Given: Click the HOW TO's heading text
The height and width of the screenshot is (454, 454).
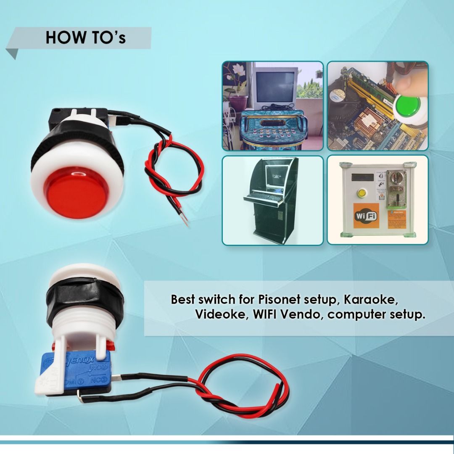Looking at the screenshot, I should (85, 38).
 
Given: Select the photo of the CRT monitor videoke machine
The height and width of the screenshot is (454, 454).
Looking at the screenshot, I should (272, 106).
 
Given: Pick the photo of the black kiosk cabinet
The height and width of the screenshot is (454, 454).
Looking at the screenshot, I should (272, 200).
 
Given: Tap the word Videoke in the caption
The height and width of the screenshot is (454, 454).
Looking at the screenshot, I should (218, 314).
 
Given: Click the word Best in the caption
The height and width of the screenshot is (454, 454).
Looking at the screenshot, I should (185, 300).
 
